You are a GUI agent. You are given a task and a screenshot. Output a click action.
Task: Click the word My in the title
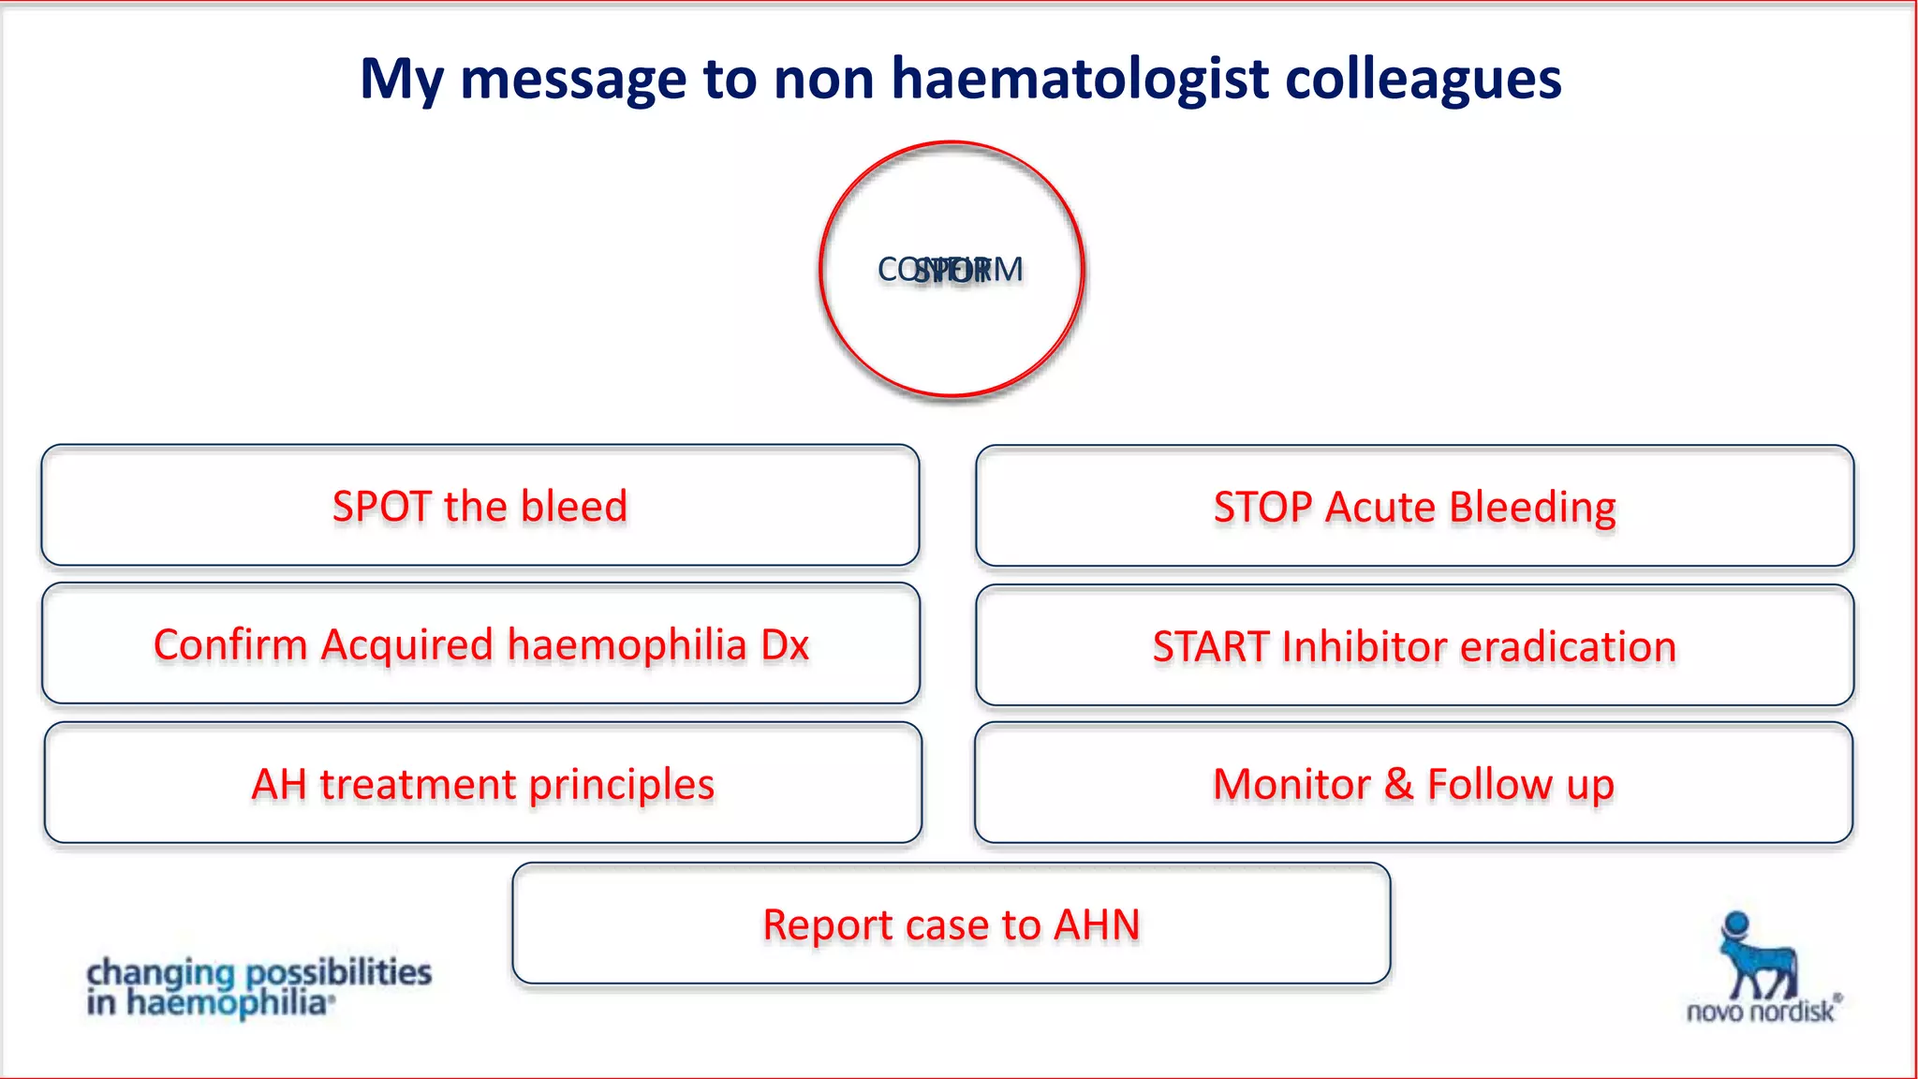pyautogui.click(x=401, y=79)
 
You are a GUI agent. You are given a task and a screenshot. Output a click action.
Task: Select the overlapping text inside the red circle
pyautogui.click(x=951, y=270)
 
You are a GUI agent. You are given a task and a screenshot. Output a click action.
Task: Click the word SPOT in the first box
pyautogui.click(x=382, y=507)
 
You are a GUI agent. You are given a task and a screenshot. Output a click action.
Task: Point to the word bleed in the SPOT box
pyautogui.click(x=573, y=507)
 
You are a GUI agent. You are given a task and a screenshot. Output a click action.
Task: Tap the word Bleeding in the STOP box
pyautogui.click(x=1532, y=508)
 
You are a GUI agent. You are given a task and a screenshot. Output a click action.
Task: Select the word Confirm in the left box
pyautogui.click(x=230, y=645)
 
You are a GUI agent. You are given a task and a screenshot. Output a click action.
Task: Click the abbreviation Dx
pyautogui.click(x=784, y=645)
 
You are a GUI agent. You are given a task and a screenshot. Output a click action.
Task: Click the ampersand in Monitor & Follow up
pyautogui.click(x=1398, y=785)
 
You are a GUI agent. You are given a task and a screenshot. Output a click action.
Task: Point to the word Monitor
pyautogui.click(x=1291, y=785)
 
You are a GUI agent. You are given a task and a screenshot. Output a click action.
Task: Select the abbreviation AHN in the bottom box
pyautogui.click(x=1097, y=925)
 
